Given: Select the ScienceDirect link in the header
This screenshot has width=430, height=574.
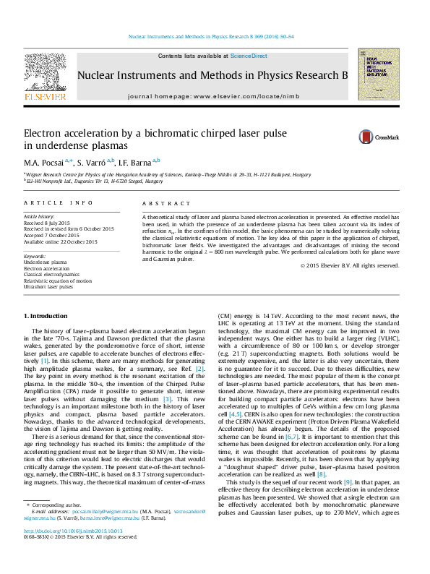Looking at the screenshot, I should click(x=249, y=56).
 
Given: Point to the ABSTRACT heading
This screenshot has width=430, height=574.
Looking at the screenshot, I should click(x=160, y=205).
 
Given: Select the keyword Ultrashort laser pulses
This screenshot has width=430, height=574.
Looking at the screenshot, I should click(x=48, y=287).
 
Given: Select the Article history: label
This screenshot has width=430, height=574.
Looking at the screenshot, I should click(x=40, y=217).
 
